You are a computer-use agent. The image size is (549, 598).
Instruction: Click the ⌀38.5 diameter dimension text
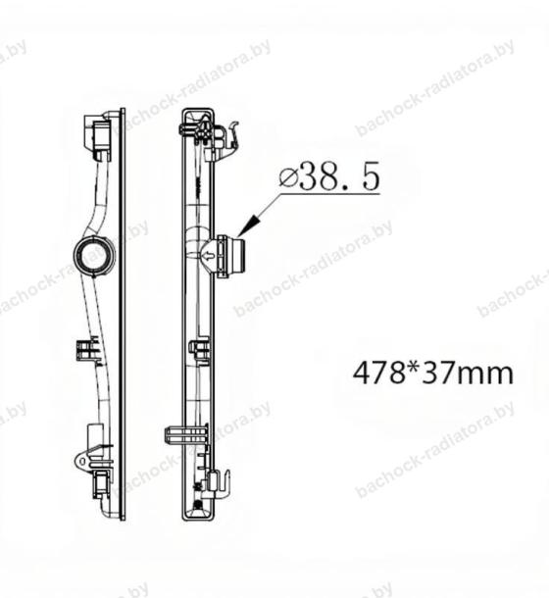(329, 177)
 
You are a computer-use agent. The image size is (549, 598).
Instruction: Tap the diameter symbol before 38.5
(288, 178)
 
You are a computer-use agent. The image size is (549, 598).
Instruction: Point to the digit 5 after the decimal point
(371, 176)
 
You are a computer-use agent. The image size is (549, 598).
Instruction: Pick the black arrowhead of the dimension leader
(249, 225)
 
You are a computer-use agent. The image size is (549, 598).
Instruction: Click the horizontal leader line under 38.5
(330, 194)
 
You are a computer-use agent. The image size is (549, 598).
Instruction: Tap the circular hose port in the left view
(94, 255)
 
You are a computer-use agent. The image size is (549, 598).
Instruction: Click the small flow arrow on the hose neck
(208, 256)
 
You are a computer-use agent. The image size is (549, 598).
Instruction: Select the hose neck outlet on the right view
(230, 256)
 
